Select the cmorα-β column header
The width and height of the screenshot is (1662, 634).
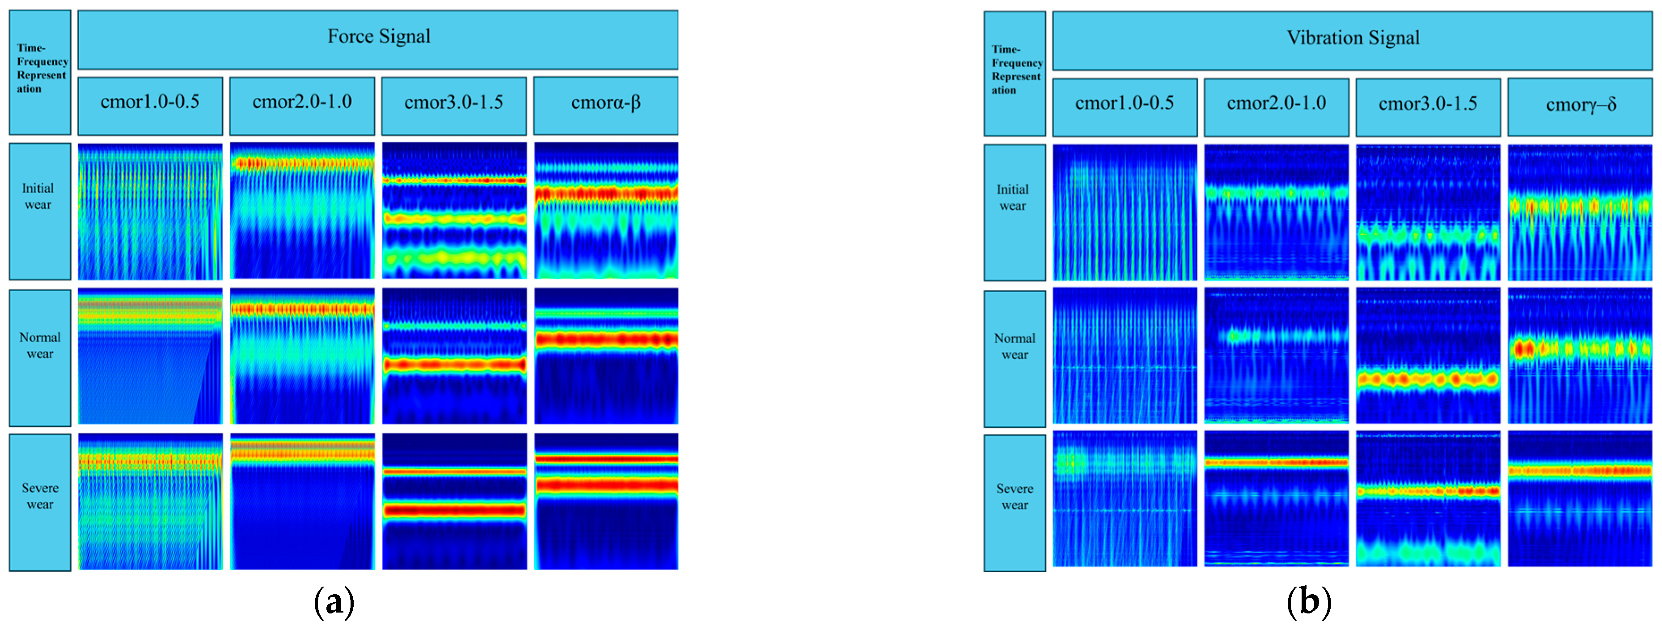606,104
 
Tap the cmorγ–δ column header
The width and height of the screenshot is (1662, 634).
1580,105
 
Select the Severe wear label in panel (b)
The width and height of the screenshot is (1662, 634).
1014,497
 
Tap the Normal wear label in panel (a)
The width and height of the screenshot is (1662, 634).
40,346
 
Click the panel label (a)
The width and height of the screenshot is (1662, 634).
334,602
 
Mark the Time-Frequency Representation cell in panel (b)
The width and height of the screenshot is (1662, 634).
1015,71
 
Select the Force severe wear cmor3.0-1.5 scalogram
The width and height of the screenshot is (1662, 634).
454,501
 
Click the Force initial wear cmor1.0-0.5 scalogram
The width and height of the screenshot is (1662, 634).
150,211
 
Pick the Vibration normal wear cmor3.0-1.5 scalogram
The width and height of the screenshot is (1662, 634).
1428,356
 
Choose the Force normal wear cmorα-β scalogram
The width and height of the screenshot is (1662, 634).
606,356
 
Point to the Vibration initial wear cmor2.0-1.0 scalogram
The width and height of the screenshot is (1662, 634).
1276,212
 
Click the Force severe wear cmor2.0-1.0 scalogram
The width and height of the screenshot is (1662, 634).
302,501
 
